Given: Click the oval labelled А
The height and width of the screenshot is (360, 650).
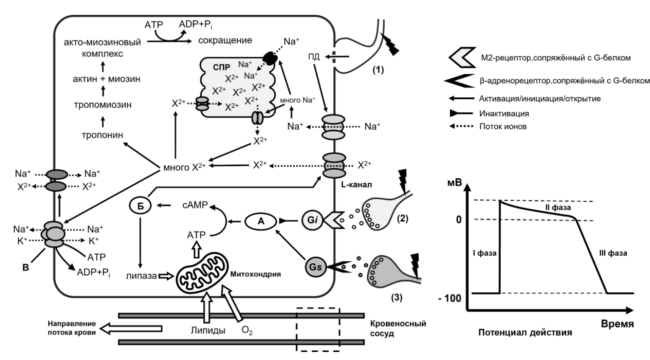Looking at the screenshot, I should point(261,221).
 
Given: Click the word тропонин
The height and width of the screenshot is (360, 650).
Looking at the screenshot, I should point(102,135).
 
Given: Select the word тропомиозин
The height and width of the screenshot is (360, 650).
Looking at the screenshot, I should point(102,105).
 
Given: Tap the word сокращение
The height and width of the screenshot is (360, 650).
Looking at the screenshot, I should point(225,41).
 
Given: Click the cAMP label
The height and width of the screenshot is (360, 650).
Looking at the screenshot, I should point(195,205).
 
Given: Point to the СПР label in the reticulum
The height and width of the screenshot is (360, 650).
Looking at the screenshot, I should point(222,67).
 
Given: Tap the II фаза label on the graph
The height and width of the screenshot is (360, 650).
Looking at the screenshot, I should point(558,208).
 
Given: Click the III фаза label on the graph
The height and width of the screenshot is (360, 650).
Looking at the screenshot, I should point(613,253).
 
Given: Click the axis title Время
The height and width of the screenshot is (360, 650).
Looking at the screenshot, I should point(617,324).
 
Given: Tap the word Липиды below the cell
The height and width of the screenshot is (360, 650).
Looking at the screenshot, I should point(208,330).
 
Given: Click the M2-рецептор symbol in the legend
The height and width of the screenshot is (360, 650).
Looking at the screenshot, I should point(462,58).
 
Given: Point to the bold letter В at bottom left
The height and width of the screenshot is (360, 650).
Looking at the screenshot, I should point(25,268).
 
